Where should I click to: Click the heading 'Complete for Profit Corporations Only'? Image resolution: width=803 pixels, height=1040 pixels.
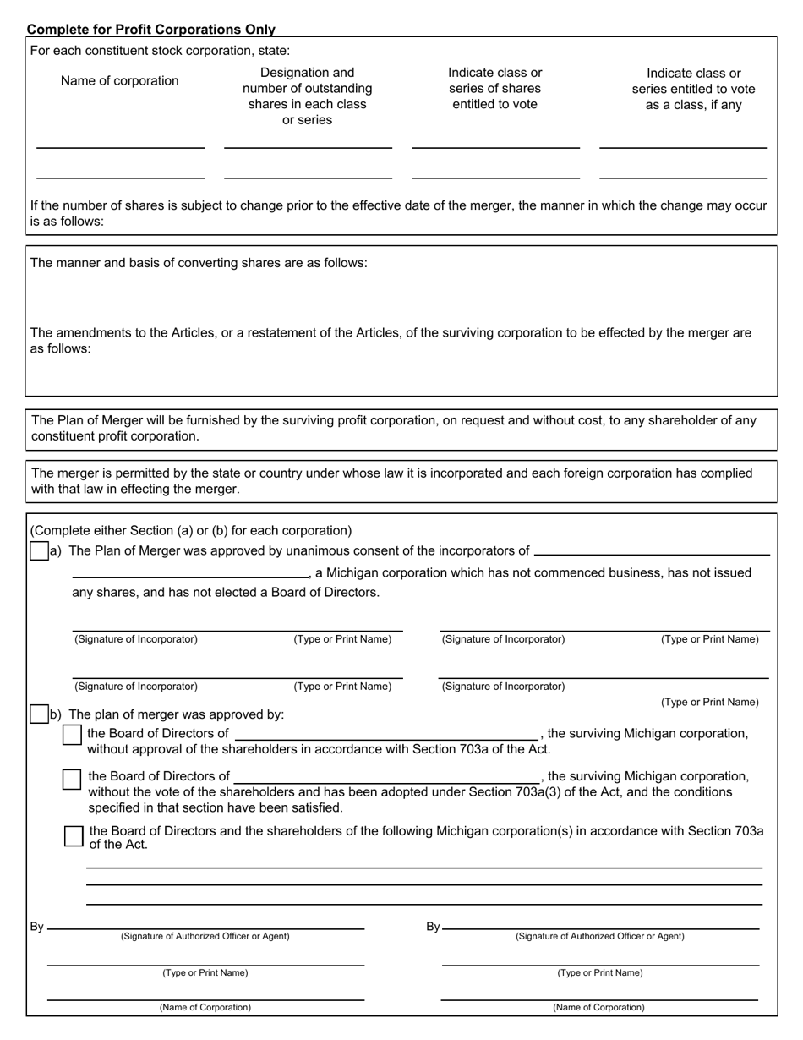tap(150, 29)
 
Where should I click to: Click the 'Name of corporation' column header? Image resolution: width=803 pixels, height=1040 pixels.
tap(119, 81)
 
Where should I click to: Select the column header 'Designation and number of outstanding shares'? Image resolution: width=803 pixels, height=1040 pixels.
tap(307, 96)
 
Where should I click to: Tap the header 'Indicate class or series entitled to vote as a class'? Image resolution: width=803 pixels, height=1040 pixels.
tap(693, 89)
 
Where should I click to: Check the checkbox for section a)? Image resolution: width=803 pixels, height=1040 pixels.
tap(39, 551)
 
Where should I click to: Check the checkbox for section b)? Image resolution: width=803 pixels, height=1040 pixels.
tap(39, 714)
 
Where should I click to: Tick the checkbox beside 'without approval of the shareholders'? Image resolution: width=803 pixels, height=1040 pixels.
tap(73, 736)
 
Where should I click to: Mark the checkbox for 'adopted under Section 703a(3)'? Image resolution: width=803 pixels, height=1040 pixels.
tap(73, 780)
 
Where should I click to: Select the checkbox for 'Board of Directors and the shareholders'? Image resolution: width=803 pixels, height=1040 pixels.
tap(74, 835)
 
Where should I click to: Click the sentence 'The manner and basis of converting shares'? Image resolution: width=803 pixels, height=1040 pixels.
tap(199, 263)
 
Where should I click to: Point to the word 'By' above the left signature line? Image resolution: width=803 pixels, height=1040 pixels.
tap(37, 927)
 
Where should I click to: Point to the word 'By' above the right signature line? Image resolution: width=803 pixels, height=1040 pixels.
tap(433, 927)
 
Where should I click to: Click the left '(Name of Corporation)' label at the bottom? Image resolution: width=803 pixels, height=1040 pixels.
tap(205, 1007)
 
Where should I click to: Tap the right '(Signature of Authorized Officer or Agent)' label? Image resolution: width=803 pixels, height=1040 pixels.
tap(600, 936)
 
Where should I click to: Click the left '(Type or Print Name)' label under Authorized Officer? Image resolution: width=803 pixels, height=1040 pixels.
tap(205, 972)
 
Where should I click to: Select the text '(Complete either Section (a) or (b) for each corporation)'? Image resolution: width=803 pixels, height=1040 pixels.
tap(191, 531)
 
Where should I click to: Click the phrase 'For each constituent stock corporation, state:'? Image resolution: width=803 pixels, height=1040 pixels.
tap(160, 51)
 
